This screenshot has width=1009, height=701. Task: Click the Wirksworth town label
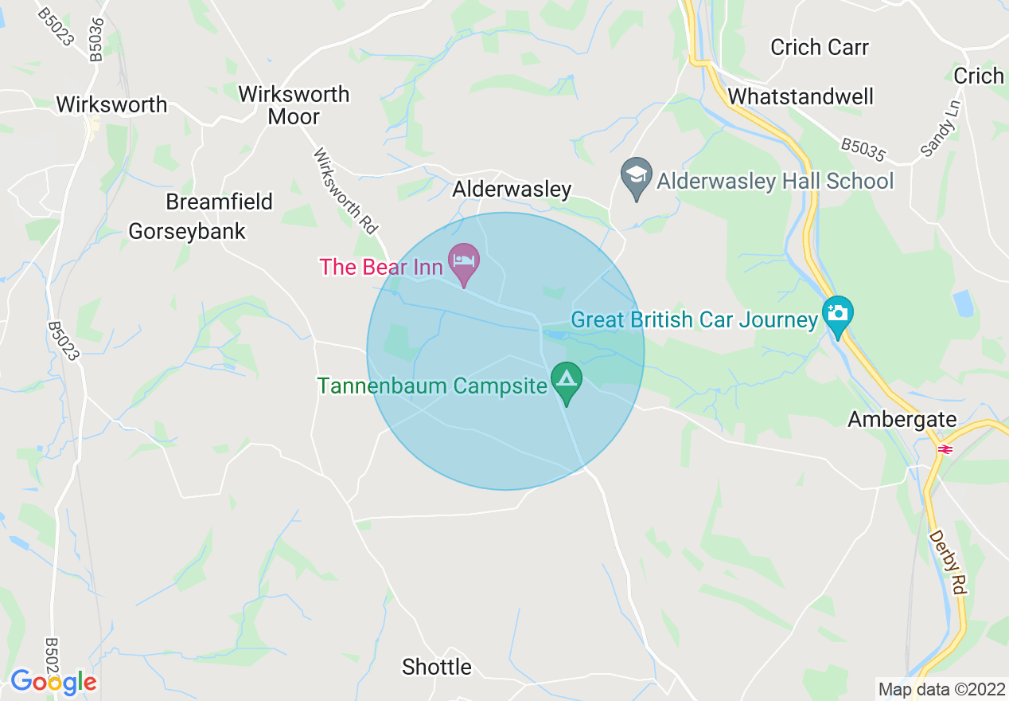click(111, 104)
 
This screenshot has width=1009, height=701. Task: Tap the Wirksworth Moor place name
click(294, 105)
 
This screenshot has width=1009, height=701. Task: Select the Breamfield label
click(219, 202)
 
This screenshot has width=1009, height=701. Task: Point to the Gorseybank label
click(187, 231)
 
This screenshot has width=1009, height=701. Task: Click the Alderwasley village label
click(512, 189)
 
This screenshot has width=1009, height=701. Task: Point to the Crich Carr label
click(820, 47)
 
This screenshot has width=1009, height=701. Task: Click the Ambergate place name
click(902, 419)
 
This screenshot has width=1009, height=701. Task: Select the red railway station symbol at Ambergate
click(945, 449)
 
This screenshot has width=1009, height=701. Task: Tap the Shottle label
click(437, 667)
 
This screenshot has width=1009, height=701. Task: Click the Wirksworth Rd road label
click(345, 190)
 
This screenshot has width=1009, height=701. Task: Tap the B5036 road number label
click(95, 40)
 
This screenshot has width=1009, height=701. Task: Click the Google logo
click(53, 682)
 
